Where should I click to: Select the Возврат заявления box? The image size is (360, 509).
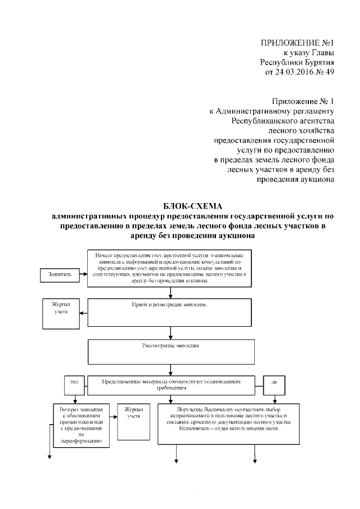click(x=78, y=425)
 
